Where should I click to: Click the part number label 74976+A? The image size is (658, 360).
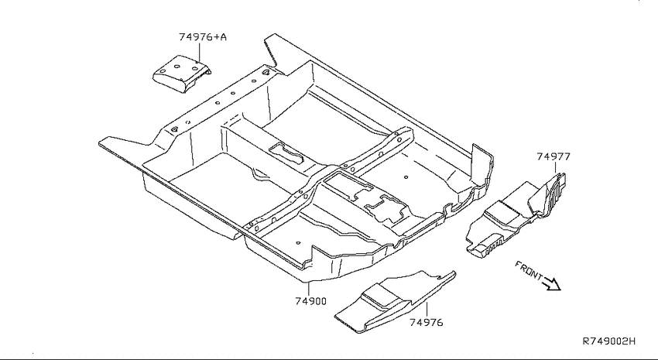pyautogui.click(x=203, y=37)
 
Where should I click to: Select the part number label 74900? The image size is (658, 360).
pyautogui.click(x=310, y=301)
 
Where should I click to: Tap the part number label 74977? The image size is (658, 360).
pyautogui.click(x=553, y=156)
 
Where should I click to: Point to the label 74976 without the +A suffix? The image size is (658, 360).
pyautogui.click(x=427, y=322)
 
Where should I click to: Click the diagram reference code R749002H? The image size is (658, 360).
pyautogui.click(x=609, y=341)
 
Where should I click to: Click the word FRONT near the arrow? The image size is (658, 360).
pyautogui.click(x=529, y=271)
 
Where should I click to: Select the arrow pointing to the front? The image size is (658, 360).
pyautogui.click(x=552, y=284)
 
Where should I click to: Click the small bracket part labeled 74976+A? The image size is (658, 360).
pyautogui.click(x=182, y=74)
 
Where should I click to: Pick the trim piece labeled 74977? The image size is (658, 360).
pyautogui.click(x=516, y=214)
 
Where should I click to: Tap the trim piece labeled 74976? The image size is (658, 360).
pyautogui.click(x=395, y=302)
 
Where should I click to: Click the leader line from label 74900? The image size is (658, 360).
pyautogui.click(x=309, y=289)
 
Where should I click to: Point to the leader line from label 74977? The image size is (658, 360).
pyautogui.click(x=556, y=168)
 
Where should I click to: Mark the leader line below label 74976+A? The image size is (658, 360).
pyautogui.click(x=199, y=52)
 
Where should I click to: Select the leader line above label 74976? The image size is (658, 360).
pyautogui.click(x=427, y=310)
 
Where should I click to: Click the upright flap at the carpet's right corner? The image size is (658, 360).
pyautogui.click(x=482, y=162)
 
